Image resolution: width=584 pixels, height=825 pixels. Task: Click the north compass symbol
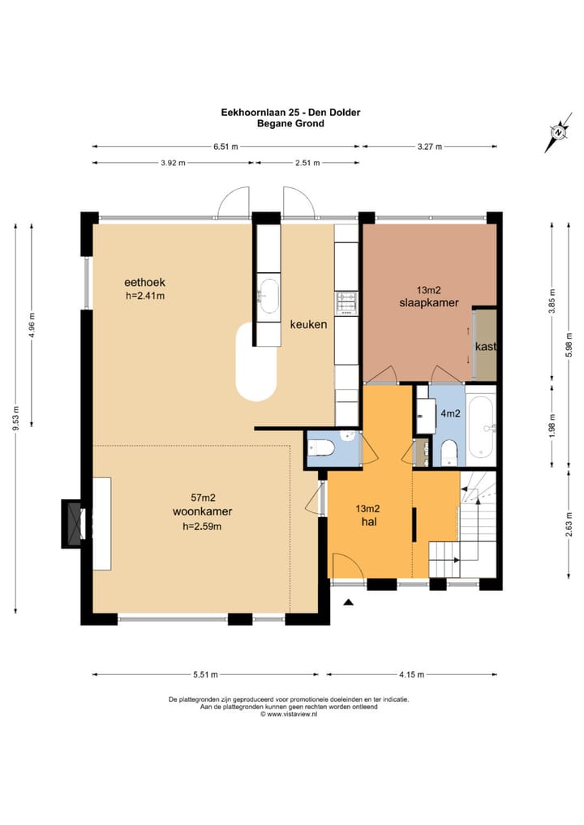[558, 132]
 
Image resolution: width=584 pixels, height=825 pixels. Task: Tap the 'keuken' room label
[308, 325]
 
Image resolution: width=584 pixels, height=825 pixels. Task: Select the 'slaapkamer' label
[428, 302]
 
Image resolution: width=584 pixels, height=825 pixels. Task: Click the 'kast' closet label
[486, 347]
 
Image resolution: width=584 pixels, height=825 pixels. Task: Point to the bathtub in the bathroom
[481, 427]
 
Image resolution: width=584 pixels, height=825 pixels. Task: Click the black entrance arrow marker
[347, 602]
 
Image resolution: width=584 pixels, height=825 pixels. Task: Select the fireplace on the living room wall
[74, 524]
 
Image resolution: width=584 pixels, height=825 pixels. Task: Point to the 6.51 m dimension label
[225, 147]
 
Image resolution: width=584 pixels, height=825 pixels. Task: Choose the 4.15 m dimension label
[411, 674]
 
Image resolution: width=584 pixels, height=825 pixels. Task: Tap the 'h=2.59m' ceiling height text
[202, 526]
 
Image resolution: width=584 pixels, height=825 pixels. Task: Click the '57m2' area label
[203, 498]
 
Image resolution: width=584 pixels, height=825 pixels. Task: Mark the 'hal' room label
[368, 522]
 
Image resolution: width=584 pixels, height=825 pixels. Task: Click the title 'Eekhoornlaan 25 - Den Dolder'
[290, 112]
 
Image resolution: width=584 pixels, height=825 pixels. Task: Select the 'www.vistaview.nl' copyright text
[292, 714]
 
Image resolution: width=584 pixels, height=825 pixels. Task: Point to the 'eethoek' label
[145, 283]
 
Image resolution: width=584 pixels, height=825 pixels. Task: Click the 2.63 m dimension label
[569, 524]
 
